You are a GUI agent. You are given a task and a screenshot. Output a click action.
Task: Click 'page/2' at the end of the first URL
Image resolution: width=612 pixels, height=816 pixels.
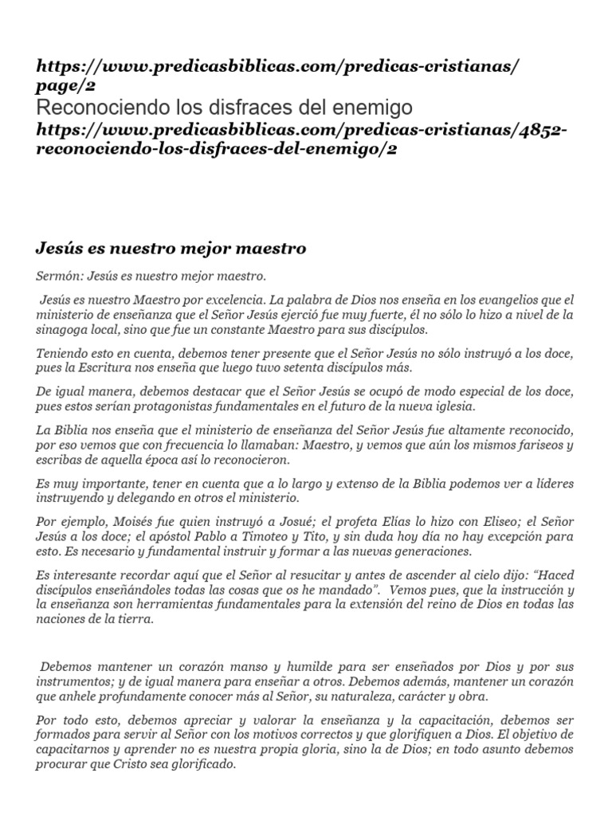click(65, 86)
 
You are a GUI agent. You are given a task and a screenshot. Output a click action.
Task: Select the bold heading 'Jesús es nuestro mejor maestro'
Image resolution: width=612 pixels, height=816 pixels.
click(171, 249)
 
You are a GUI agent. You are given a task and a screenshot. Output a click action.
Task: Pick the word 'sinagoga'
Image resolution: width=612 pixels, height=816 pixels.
click(64, 328)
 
